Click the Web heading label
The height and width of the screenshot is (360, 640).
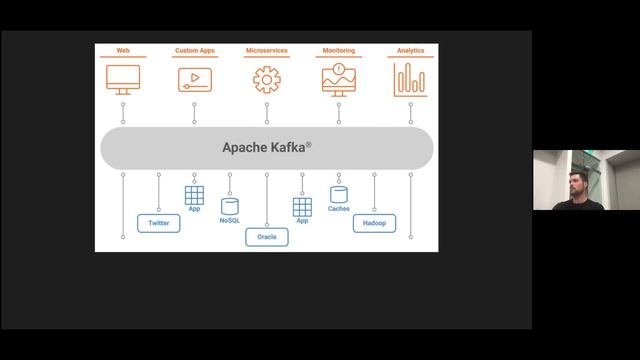pos(123,49)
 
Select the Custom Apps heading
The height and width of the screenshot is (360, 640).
pos(194,49)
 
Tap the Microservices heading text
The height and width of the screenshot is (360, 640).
pos(266,49)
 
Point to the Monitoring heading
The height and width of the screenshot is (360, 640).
pos(339,49)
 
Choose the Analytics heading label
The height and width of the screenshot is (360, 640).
pos(410,49)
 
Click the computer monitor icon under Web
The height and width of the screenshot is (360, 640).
pos(123,79)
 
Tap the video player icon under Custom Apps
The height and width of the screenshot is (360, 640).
pos(194,79)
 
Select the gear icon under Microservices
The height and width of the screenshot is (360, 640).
pos(266,79)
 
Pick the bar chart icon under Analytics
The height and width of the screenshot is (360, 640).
pos(410,79)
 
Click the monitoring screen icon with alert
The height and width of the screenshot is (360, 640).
pos(339,79)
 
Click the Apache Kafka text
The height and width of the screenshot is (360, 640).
pos(266,147)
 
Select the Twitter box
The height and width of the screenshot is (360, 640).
pos(158,223)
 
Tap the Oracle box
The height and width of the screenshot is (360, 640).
pos(266,237)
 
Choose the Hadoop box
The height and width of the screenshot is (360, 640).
pos(374,223)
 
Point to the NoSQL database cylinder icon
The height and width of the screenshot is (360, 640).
pos(230,205)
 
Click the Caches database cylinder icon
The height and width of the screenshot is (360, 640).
pos(338,194)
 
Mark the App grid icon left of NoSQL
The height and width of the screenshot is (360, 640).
pos(194,195)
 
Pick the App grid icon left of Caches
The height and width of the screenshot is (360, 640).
pos(302,207)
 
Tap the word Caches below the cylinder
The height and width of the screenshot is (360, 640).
pos(338,209)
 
